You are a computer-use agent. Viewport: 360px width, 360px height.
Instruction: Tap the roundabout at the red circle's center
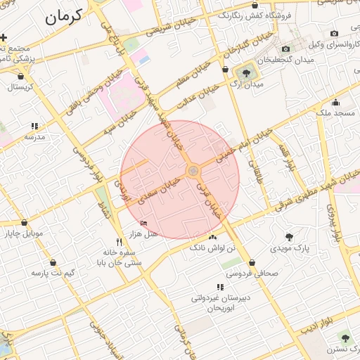(x=192, y=171)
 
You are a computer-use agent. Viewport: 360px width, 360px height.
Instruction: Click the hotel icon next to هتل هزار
(x=144, y=224)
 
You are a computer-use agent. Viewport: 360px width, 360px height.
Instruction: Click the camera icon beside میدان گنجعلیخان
(x=285, y=49)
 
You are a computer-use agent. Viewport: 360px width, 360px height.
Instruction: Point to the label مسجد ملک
(x=335, y=112)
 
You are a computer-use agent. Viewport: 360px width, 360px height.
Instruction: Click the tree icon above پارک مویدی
(x=289, y=237)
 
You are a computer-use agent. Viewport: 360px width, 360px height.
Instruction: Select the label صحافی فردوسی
(x=252, y=273)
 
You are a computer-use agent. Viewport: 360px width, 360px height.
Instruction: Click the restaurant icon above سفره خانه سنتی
(x=119, y=242)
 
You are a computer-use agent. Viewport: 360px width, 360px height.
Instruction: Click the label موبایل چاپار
(x=24, y=233)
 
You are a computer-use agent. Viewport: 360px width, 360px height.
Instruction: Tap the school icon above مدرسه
(x=34, y=126)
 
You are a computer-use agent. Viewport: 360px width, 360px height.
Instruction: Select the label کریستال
(x=20, y=87)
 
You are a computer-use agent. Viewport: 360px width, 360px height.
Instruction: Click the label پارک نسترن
(x=340, y=349)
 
